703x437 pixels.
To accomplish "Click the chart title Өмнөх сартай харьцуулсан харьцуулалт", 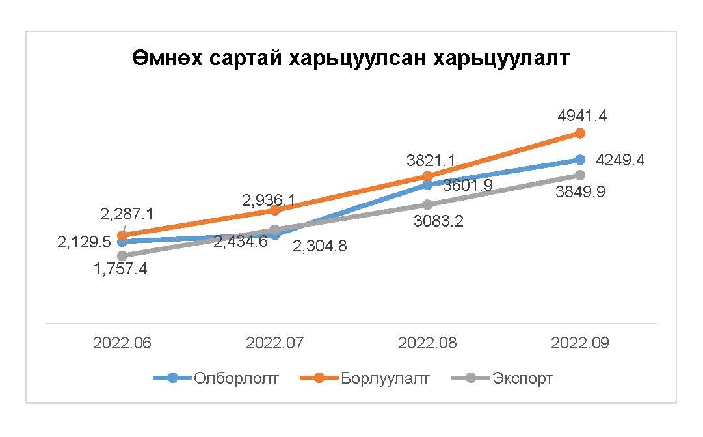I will (x=351, y=59).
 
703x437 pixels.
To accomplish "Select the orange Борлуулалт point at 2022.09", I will (x=580, y=133).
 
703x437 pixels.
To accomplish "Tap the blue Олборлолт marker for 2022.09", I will (x=580, y=159).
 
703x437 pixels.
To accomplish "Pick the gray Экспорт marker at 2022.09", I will (x=580, y=175).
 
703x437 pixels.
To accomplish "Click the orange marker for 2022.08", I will (x=427, y=176).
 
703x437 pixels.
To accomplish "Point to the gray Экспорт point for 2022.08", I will (x=427, y=204).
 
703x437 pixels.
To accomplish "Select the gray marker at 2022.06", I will (x=122, y=256).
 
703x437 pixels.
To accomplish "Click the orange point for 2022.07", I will (x=274, y=210).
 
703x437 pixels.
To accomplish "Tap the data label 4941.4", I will (x=582, y=116).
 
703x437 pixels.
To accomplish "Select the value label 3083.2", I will (x=440, y=221).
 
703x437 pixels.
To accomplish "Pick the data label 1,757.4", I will (x=120, y=268).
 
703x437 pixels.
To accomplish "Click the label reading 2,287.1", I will (x=127, y=213).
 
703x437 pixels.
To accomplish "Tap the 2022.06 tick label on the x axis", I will (x=122, y=343).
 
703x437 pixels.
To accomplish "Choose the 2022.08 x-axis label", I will (x=427, y=343).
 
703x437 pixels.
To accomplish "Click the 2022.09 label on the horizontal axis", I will (x=580, y=343).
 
